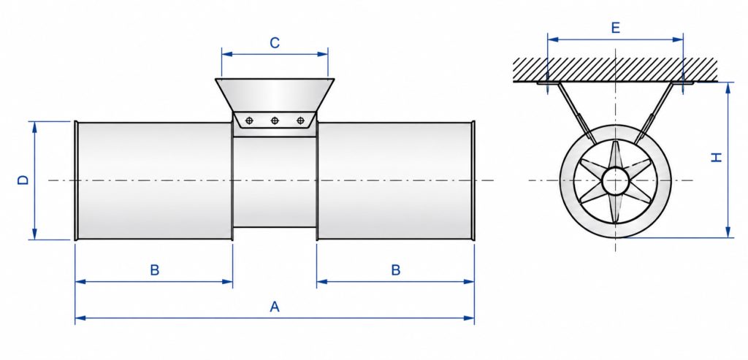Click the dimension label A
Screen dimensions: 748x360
(275, 307)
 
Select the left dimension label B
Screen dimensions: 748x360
(155, 270)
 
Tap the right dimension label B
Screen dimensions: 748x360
(396, 270)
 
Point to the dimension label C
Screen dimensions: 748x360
(275, 43)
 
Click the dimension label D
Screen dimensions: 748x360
(23, 180)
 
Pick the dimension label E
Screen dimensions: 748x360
(615, 28)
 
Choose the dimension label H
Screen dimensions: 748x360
(717, 158)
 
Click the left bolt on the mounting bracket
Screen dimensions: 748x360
(248, 120)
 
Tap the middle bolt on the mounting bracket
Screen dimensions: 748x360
(275, 120)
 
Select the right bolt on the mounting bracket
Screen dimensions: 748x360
(300, 120)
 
